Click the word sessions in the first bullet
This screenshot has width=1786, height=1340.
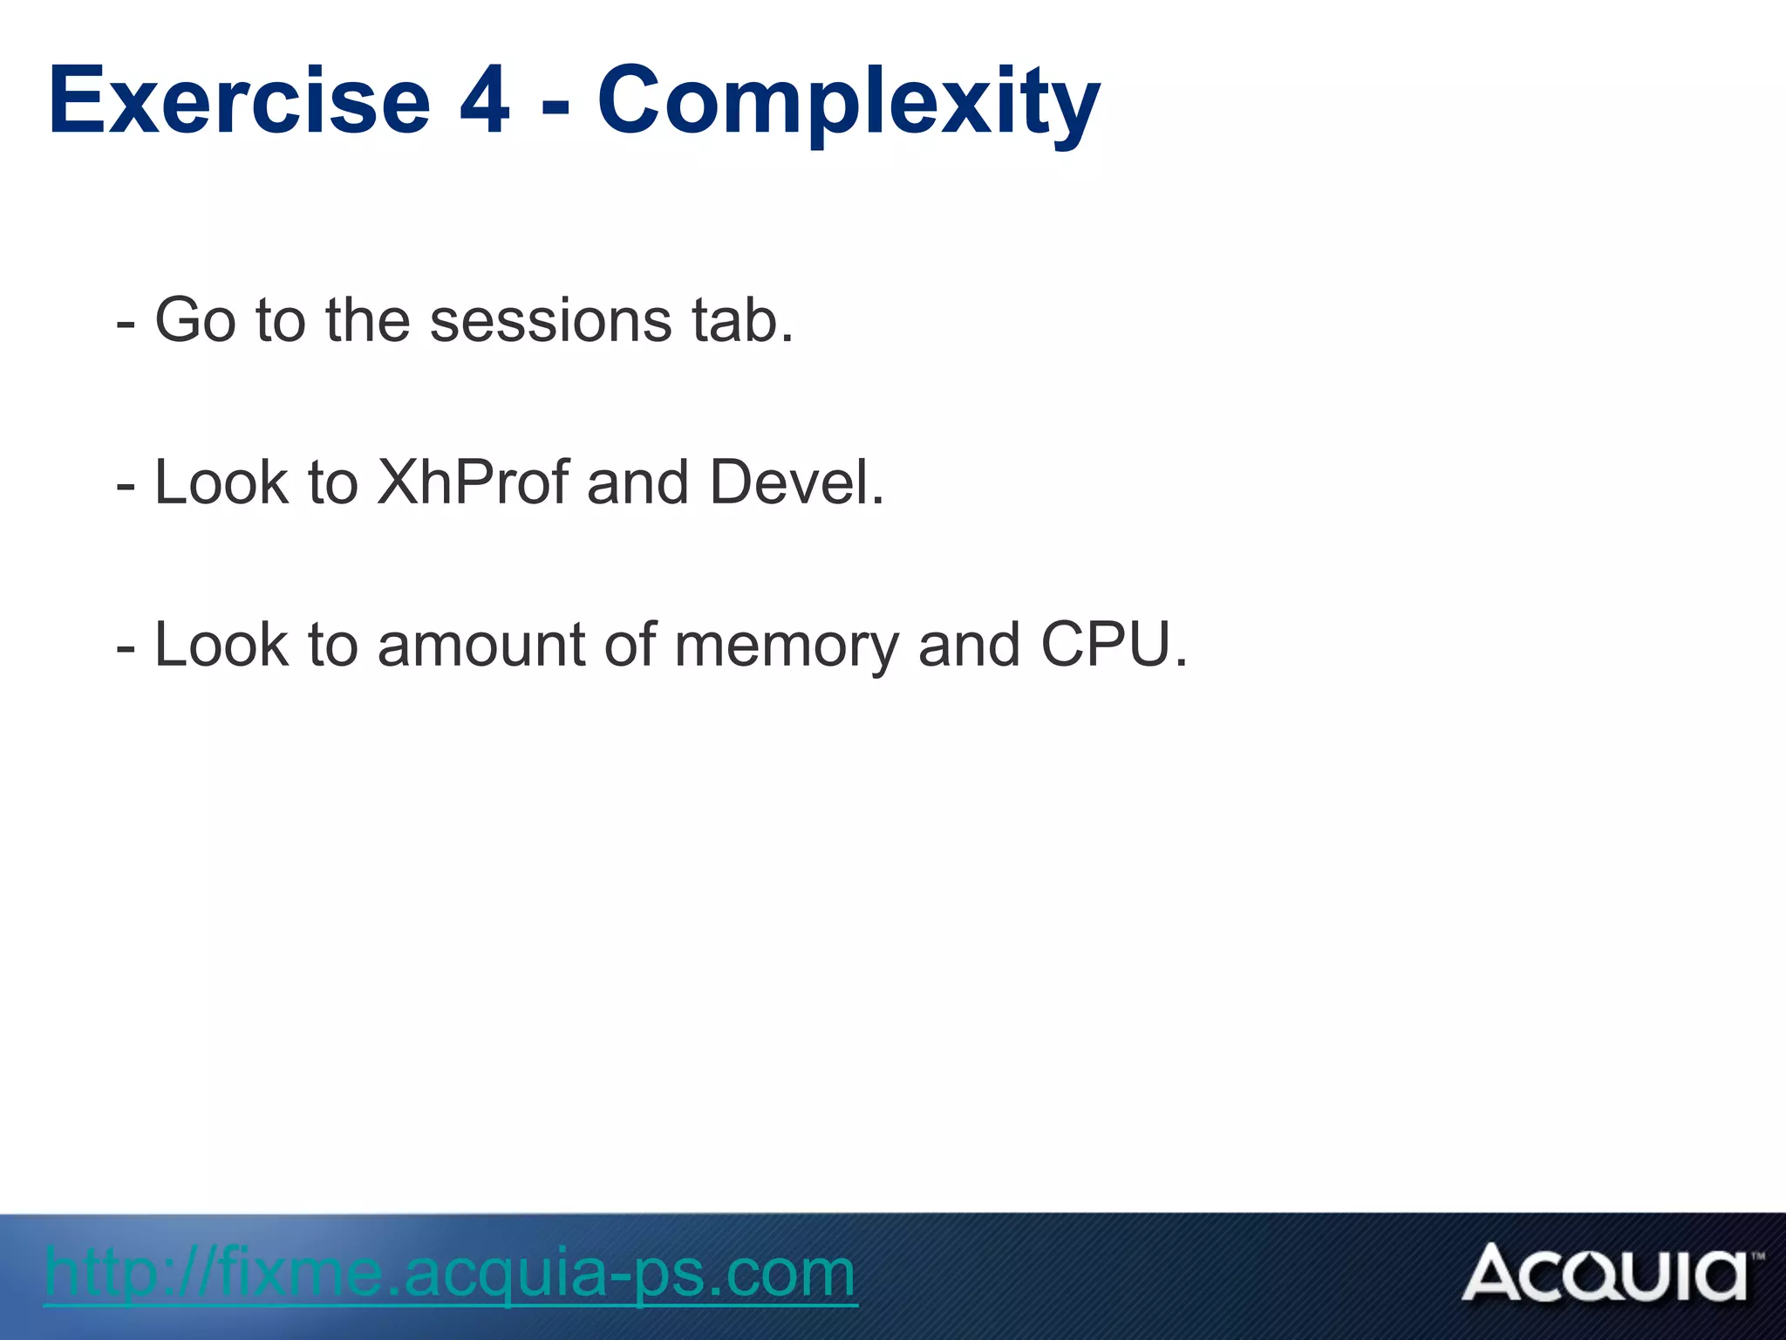point(550,320)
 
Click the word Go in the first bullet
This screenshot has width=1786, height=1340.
point(194,320)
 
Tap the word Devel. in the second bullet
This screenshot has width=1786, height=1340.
point(797,482)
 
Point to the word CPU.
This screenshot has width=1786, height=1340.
point(1114,645)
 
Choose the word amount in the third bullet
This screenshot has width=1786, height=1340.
point(481,646)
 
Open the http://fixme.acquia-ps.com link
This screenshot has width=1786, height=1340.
point(450,1274)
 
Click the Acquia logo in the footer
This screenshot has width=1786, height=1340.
point(1605,1275)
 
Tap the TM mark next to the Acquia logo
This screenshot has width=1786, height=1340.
point(1757,1256)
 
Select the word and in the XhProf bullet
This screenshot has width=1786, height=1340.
point(637,482)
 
